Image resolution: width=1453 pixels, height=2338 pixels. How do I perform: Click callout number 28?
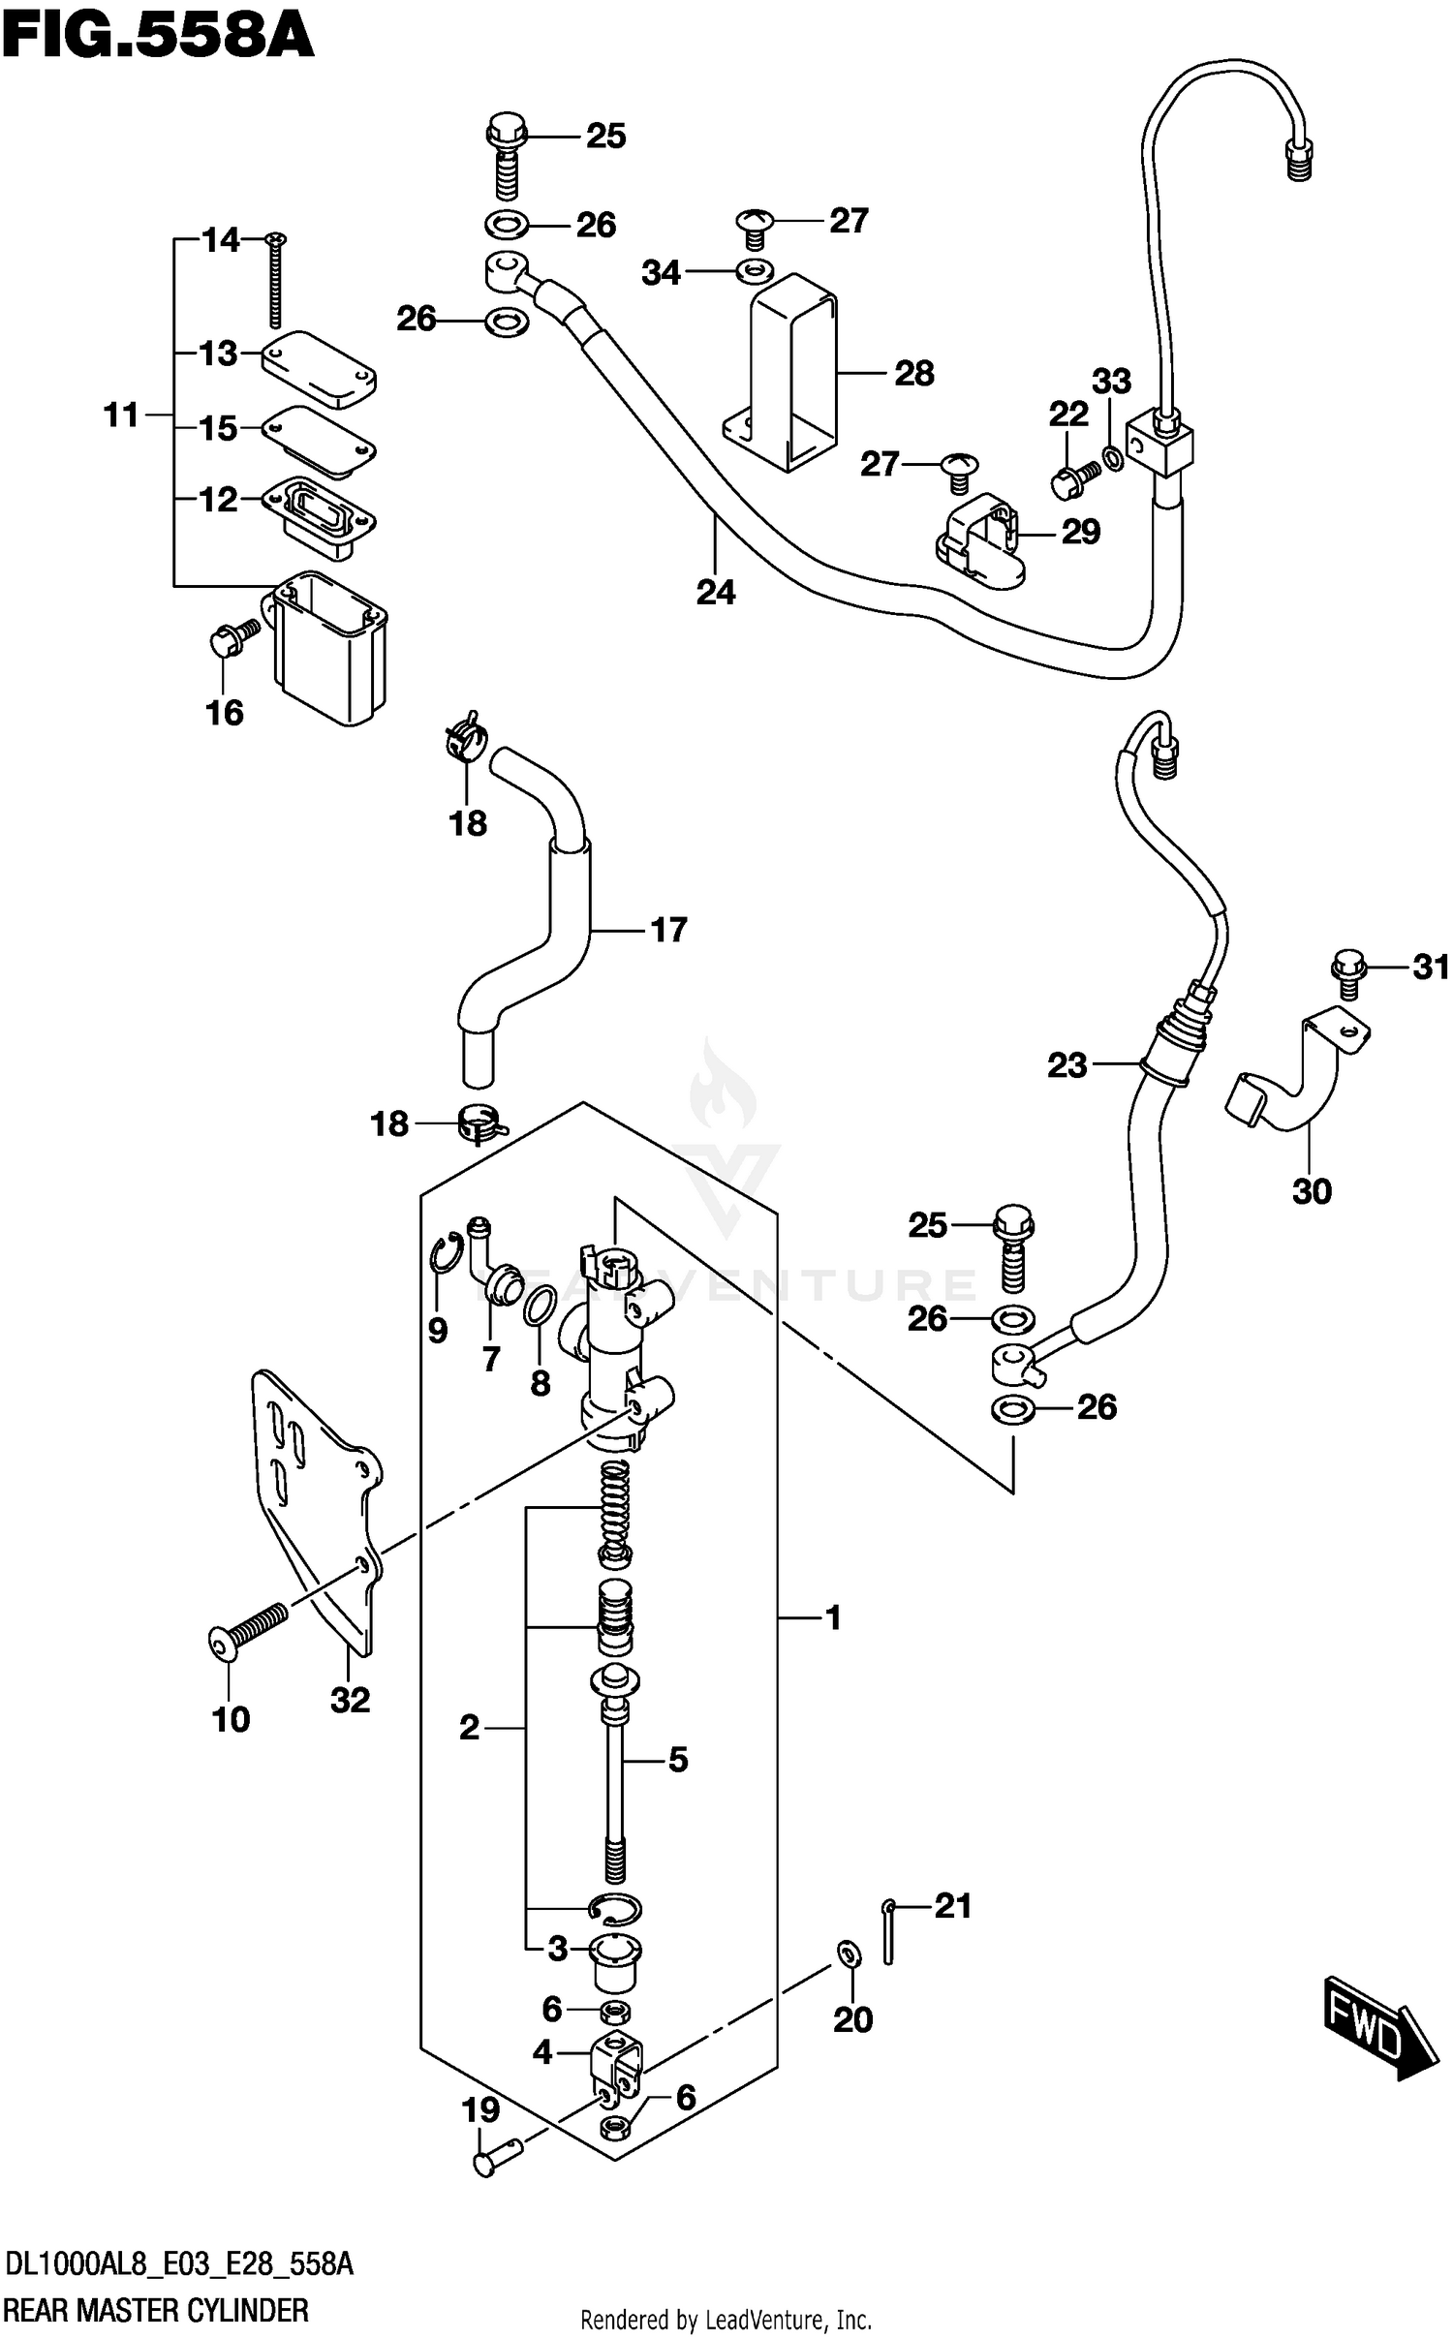(913, 373)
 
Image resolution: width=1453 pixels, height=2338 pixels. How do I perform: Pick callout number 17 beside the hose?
(668, 930)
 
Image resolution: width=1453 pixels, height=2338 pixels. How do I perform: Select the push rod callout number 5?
(677, 1759)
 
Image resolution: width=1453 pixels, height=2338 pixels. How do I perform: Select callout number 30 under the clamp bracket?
(1312, 1191)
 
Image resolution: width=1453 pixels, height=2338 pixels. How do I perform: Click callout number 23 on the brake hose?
(1067, 1065)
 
